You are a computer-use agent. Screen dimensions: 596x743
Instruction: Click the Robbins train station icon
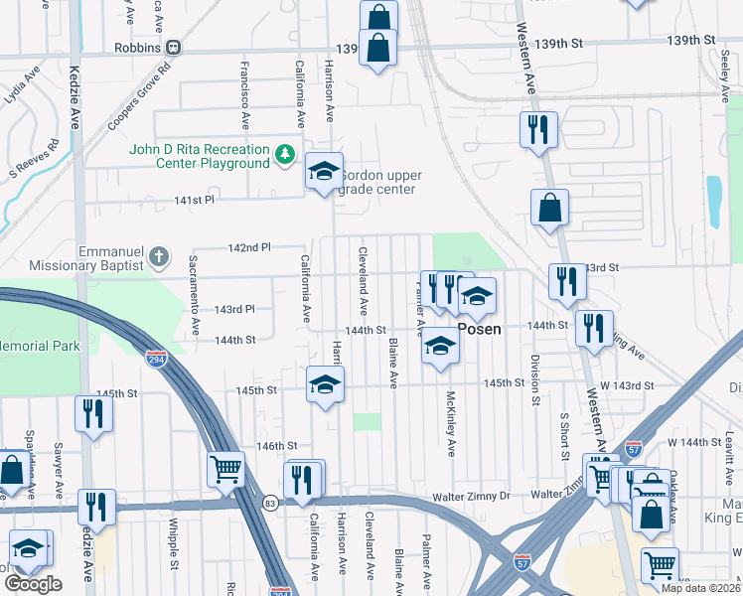point(174,47)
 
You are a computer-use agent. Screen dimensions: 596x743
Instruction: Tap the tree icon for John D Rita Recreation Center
point(285,154)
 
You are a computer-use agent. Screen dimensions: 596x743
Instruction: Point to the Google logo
point(33,584)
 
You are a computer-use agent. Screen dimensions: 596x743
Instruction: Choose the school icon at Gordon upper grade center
point(324,172)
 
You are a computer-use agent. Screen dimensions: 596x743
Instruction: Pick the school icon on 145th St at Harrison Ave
point(324,384)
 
